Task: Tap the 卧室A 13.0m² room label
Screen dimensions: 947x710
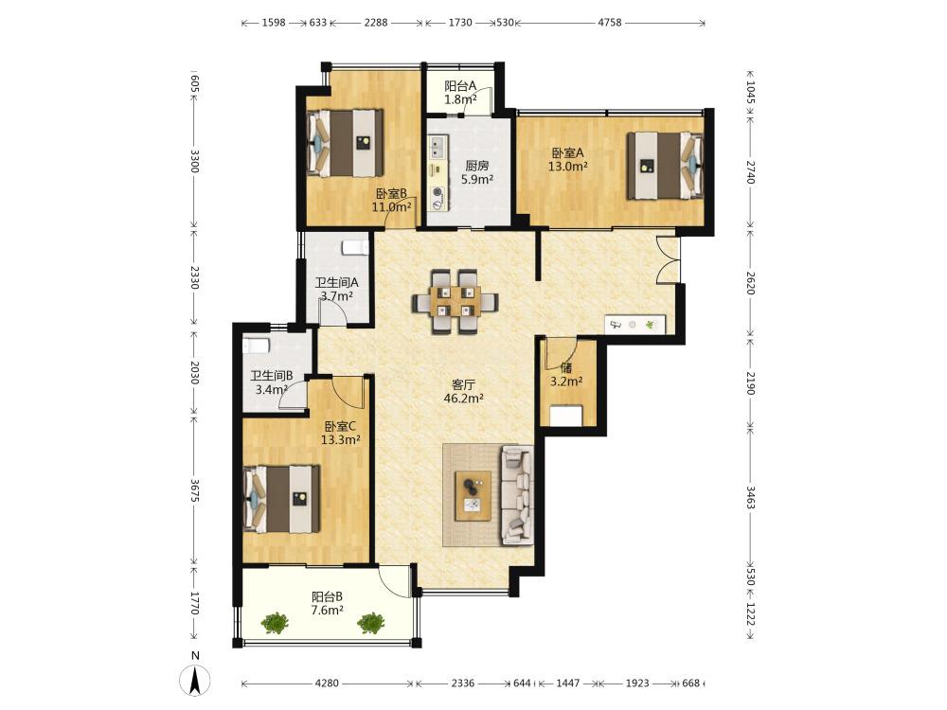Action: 567,159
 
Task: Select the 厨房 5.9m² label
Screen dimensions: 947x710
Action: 477,172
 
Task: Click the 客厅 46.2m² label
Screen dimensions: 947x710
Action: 464,391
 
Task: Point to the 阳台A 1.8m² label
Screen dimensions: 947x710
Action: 461,93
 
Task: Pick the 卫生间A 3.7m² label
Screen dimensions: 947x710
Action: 337,289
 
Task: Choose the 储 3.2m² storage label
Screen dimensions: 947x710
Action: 566,374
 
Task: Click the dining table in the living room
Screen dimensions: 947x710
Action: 456,301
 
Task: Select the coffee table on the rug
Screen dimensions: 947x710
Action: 473,496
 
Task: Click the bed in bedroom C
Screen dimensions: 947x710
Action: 281,499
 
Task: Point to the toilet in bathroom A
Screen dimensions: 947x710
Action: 355,247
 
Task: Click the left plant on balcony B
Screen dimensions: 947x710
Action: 275,623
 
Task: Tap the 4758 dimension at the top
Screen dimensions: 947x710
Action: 609,23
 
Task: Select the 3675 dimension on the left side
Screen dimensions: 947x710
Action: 194,490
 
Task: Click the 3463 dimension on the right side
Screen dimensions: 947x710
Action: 750,497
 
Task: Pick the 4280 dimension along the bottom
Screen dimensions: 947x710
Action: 328,683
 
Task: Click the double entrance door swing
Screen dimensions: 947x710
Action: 668,259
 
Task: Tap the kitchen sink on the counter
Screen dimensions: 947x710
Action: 438,146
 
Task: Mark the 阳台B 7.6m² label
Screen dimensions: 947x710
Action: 328,603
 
